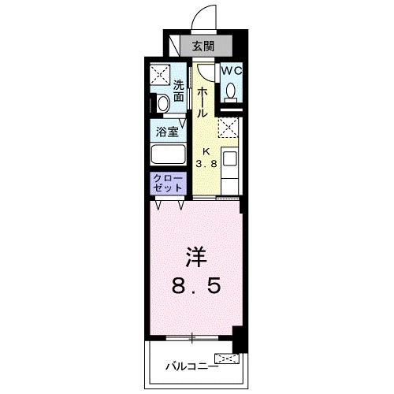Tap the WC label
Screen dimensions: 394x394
tap(232, 70)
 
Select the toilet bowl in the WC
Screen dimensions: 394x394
tap(232, 91)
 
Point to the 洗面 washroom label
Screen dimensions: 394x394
tap(179, 91)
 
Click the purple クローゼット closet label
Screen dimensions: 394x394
tap(167, 184)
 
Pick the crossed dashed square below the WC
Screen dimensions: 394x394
tap(229, 128)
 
